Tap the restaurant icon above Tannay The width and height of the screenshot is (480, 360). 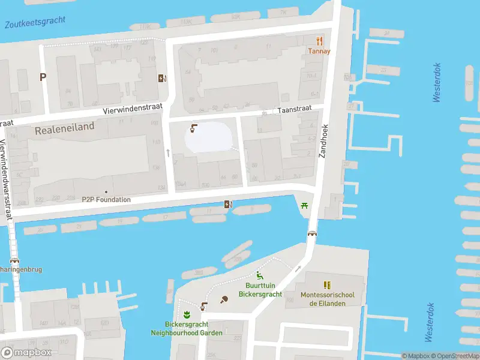319,41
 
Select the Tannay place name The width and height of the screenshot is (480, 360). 319,52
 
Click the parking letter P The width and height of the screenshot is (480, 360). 43,77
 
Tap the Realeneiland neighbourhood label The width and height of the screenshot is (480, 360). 65,128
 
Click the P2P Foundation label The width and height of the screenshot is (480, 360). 106,199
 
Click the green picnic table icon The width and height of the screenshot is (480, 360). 305,205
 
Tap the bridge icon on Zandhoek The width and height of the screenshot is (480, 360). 312,233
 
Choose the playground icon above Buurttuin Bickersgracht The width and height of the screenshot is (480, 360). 260,275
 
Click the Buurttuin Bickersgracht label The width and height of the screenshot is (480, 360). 260,290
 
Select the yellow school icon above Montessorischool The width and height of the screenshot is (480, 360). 327,285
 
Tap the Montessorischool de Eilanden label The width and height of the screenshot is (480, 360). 328,299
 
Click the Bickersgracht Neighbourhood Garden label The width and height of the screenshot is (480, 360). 187,329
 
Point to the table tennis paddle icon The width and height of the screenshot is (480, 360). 224,299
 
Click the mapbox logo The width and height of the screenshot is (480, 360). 26,352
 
